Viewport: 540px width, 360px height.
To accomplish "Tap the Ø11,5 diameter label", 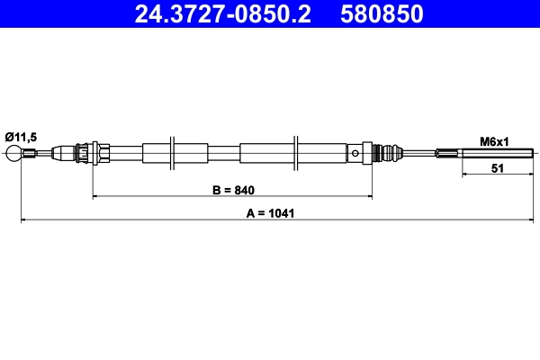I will [21, 136].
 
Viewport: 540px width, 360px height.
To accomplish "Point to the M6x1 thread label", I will [494, 141].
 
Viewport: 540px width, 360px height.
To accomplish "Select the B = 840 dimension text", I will [232, 190].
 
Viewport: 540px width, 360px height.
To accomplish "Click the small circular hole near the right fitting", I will [356, 153].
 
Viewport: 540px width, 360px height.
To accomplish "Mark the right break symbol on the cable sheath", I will [295, 153].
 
